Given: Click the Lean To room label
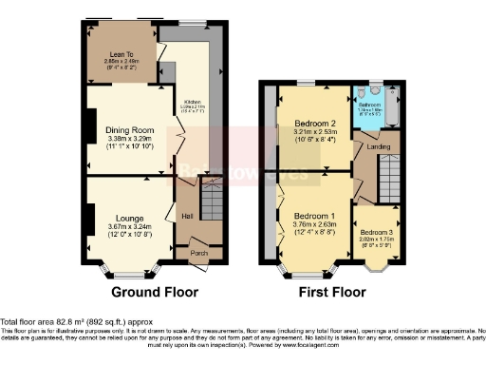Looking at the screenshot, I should pos(121,54).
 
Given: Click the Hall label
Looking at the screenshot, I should pos(188,217).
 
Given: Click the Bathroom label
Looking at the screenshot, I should pos(369,105).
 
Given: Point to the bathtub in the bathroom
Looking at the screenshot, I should pos(395,111).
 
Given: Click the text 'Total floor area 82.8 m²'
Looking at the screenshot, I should pos(47,322).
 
